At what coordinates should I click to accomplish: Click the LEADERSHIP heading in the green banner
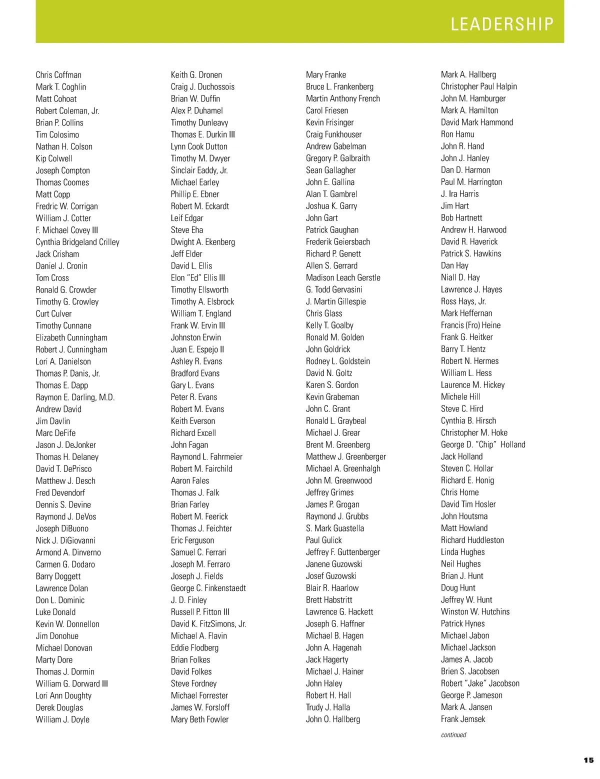click(502, 24)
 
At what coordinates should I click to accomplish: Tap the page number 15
click(588, 760)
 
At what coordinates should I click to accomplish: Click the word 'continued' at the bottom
click(453, 734)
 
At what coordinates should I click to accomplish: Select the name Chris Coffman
click(58, 75)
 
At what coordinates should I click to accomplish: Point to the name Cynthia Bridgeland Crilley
click(77, 242)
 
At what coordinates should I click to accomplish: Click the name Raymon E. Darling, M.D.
click(75, 397)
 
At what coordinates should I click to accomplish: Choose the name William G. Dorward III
click(71, 683)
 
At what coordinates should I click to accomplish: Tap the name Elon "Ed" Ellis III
click(198, 278)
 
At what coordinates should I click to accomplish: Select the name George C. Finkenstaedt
click(208, 588)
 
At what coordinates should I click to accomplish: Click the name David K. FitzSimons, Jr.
click(208, 624)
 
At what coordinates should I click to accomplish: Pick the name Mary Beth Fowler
click(199, 719)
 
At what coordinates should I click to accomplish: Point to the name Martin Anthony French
click(342, 98)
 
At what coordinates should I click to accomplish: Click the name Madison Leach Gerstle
click(343, 277)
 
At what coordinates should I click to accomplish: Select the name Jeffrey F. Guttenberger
click(342, 552)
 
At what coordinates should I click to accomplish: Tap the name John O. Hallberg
click(332, 719)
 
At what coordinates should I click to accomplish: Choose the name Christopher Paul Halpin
click(478, 86)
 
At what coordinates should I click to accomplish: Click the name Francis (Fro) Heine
click(470, 325)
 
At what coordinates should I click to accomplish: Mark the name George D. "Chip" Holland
click(483, 444)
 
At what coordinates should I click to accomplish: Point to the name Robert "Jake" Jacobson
click(480, 683)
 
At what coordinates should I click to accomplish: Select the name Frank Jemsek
click(463, 719)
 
